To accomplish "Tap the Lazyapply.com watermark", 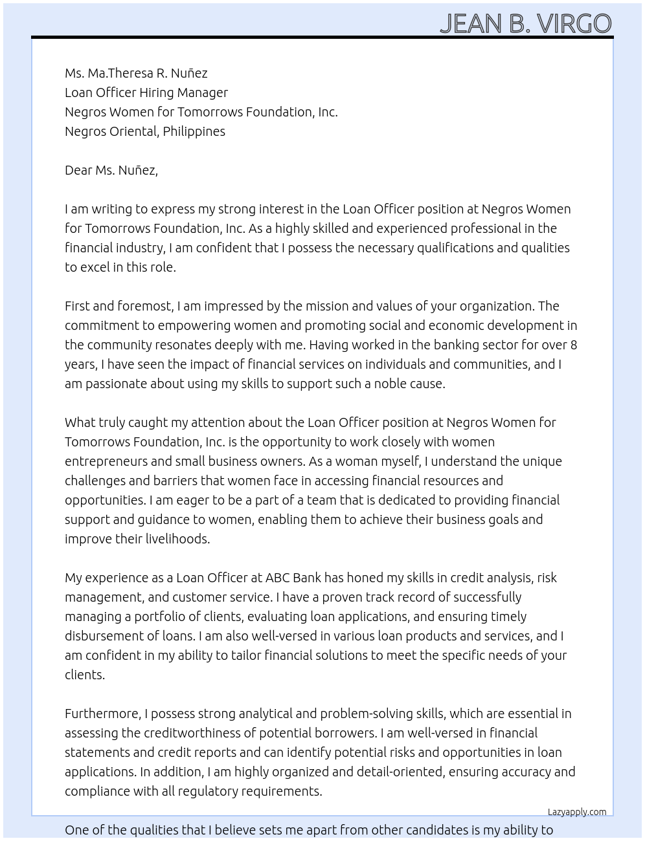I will click(x=577, y=812).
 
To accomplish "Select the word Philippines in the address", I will click(x=194, y=131).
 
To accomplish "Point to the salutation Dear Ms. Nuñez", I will click(x=111, y=170).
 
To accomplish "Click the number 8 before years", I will click(x=573, y=345).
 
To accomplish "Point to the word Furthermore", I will click(x=102, y=714).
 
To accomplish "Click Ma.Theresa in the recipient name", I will click(x=116, y=73).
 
